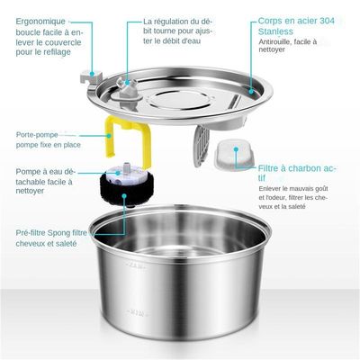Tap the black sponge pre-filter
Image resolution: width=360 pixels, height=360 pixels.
point(126,189)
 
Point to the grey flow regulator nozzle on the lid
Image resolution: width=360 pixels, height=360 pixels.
point(127,87)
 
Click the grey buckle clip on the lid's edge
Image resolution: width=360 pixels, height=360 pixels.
point(89,77)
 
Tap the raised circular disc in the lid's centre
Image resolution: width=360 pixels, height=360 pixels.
point(180,99)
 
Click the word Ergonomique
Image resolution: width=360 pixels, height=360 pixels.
point(40,22)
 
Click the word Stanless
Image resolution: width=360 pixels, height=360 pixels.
point(275,31)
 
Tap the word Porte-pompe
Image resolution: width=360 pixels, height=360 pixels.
point(37,135)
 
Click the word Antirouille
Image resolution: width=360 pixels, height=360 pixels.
point(274,41)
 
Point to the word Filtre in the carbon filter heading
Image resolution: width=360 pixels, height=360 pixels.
point(267,168)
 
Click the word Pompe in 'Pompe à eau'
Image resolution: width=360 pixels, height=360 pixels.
point(28,172)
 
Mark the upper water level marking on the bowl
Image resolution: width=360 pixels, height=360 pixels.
point(138,265)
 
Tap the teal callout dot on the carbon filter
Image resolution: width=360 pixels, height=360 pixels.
point(237,149)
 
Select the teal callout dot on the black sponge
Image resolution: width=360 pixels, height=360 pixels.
point(124,196)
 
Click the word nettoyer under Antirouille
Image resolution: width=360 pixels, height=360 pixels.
point(272,49)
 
